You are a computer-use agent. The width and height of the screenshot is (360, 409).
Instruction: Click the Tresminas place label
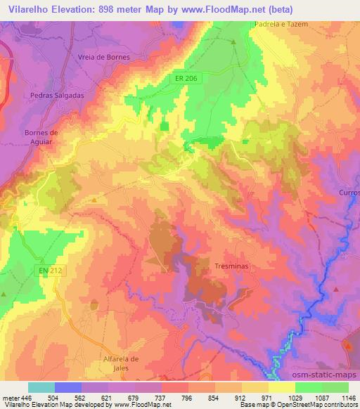tap(231, 267)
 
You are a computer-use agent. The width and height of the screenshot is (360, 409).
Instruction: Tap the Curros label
tap(349, 192)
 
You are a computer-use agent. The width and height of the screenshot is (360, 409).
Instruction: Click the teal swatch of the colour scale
tap(41, 387)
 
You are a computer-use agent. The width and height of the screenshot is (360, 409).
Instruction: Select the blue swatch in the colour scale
tap(68, 387)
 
